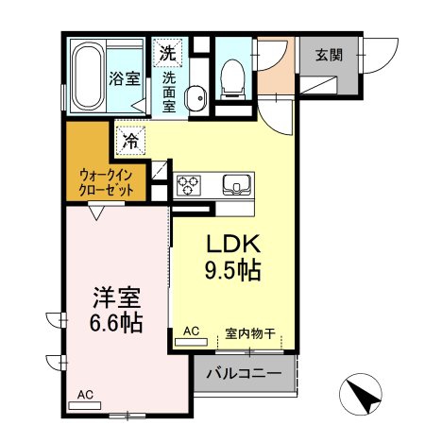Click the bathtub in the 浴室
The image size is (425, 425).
tap(88, 76)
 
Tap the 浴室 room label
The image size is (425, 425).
tap(125, 78)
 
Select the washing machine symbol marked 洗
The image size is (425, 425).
tap(168, 53)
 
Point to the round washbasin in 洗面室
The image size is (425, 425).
tap(197, 98)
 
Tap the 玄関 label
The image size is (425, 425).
tap(329, 56)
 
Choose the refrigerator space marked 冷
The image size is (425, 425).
tap(130, 141)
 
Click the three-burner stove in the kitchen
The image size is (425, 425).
tap(188, 184)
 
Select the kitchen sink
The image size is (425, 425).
tap(237, 184)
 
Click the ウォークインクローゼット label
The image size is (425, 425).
tap(106, 183)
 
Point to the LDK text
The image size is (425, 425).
tap(233, 245)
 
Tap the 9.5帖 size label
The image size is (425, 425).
tap(233, 270)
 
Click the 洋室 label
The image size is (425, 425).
tap(116, 297)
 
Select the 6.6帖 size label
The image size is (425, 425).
tap(116, 322)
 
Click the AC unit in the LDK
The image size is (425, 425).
tap(191, 342)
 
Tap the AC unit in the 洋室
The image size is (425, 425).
tap(85, 405)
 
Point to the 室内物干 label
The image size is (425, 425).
tap(250, 333)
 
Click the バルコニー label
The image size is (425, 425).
tap(244, 374)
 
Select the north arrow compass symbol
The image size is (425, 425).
tap(361, 394)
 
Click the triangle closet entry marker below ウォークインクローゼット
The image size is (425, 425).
tap(96, 212)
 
